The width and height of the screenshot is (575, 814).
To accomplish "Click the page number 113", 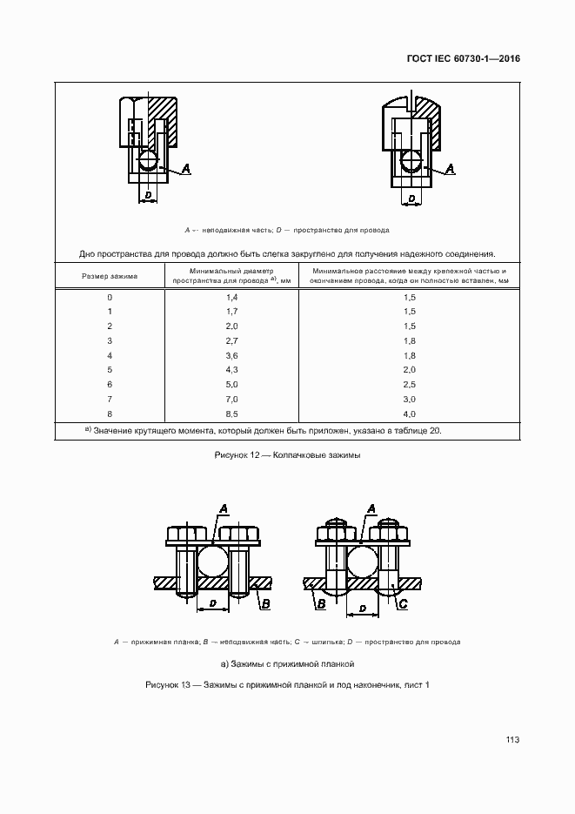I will [x=511, y=740].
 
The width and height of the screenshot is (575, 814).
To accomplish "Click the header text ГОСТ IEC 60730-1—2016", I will [x=463, y=60].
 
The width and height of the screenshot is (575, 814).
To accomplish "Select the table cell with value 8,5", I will [x=231, y=414].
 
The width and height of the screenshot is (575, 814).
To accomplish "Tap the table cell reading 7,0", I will [x=231, y=400].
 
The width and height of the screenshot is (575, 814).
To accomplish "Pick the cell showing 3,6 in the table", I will [x=231, y=356].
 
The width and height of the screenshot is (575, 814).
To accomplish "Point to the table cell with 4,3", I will [x=231, y=370].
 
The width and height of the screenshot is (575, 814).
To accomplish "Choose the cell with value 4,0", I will [x=411, y=414].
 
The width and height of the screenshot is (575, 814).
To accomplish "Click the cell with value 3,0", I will [x=411, y=400].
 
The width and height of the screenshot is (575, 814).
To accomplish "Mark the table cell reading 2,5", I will [x=411, y=385].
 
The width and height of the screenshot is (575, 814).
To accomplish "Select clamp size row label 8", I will [x=110, y=414].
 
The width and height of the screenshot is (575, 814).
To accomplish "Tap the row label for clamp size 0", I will [x=110, y=298].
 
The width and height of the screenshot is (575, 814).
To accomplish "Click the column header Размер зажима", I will [x=110, y=276].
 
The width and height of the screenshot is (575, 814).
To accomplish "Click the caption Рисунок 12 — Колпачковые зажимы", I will [x=286, y=455].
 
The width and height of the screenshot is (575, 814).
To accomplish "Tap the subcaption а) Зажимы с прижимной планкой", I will [x=286, y=663].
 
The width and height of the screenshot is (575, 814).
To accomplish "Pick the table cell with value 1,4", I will [x=231, y=298].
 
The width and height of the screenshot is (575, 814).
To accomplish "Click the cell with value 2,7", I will [x=231, y=341].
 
